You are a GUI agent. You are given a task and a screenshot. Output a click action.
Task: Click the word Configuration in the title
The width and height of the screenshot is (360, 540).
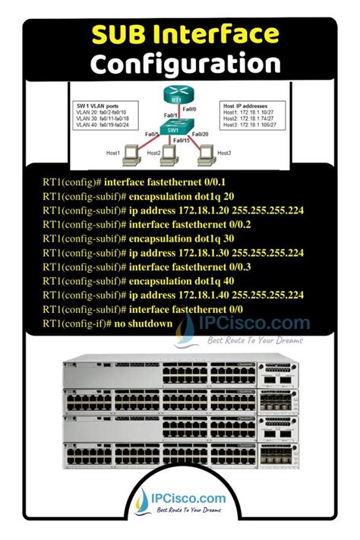(x=180, y=64)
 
